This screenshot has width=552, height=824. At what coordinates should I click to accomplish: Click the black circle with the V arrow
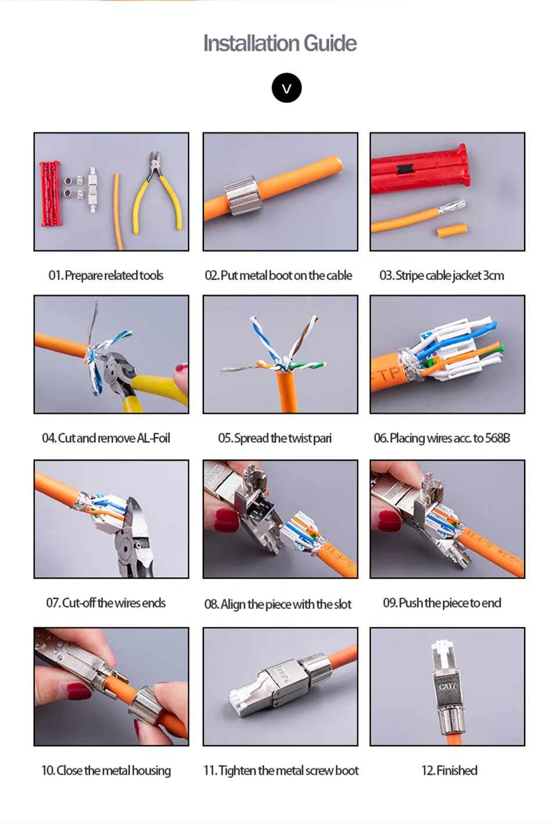(x=286, y=88)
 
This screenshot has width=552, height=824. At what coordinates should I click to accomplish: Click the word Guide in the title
(x=330, y=44)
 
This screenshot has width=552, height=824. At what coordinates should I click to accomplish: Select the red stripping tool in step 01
(x=51, y=193)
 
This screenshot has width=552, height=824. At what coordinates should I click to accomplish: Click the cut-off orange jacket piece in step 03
(x=452, y=230)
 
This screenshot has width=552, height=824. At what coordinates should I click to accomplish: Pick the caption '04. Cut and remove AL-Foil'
(x=106, y=438)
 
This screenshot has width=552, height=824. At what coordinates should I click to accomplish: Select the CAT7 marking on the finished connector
(x=447, y=686)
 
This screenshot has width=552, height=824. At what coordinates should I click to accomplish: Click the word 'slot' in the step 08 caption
(x=342, y=604)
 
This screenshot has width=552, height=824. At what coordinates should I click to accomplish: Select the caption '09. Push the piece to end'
(x=442, y=603)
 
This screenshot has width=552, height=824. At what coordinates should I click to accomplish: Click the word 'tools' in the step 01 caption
(x=151, y=275)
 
